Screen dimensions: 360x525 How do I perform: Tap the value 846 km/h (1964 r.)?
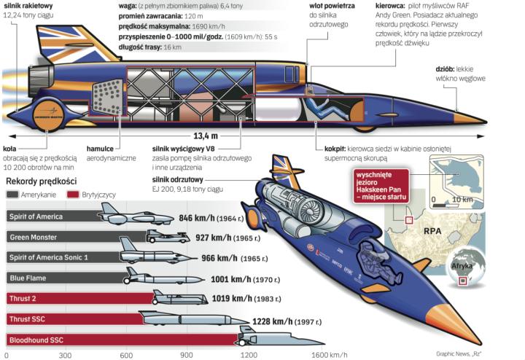click(209, 217)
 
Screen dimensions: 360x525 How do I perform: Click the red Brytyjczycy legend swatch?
click(72, 196)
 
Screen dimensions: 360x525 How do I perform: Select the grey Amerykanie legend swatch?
click(13, 196)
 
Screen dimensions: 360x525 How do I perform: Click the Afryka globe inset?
click(467, 265)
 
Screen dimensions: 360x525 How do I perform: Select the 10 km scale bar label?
click(479, 199)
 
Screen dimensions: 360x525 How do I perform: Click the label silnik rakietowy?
click(27, 6)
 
